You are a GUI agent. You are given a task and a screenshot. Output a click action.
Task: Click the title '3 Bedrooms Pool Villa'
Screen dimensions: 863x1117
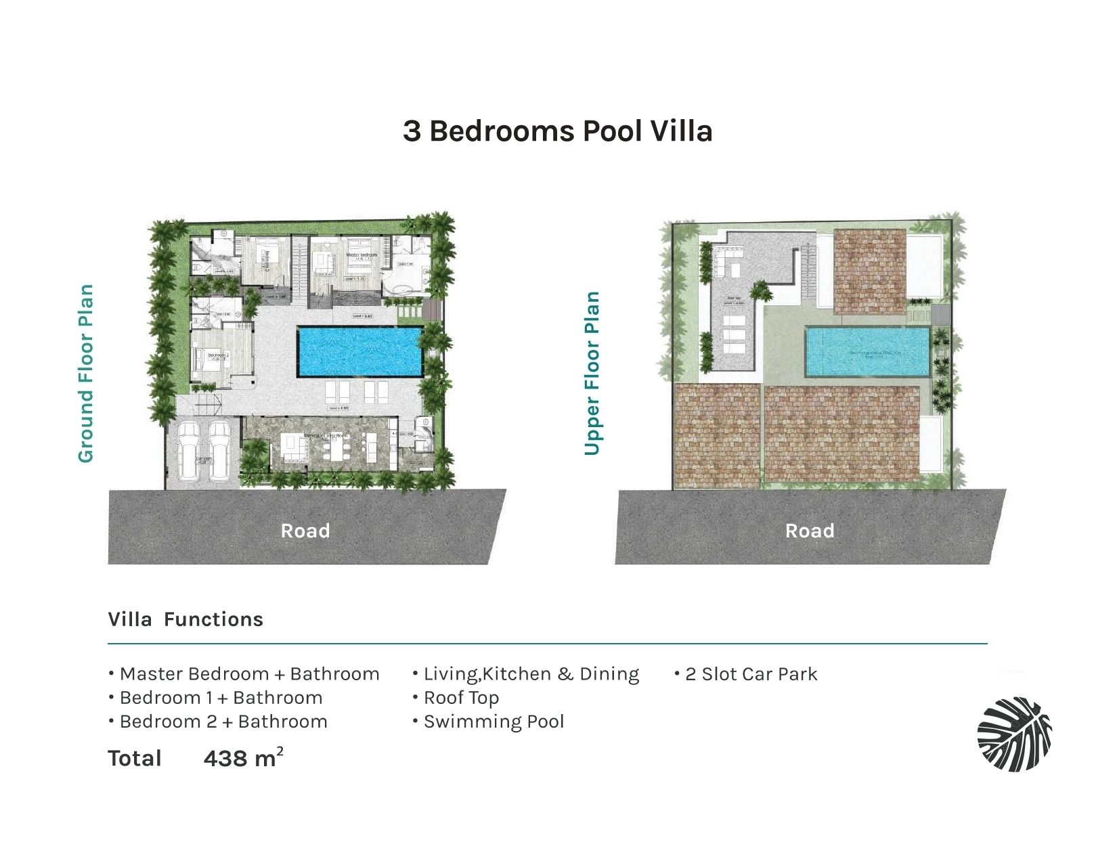point(557,131)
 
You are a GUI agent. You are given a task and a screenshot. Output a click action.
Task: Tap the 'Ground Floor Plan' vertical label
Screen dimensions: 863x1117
point(85,374)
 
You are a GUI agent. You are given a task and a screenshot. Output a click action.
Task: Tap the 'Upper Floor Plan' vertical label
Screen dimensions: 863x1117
point(592,374)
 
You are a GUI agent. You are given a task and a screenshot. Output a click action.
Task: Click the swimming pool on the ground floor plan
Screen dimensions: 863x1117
point(359,351)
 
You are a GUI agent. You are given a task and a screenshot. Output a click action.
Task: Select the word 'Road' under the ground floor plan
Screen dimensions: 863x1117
point(305,531)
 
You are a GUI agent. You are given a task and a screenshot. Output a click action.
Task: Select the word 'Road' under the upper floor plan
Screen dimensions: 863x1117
point(810,531)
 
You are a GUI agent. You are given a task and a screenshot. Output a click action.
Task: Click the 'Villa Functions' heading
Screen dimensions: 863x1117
point(185,619)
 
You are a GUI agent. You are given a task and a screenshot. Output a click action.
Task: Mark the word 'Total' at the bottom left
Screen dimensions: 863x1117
point(135,759)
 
